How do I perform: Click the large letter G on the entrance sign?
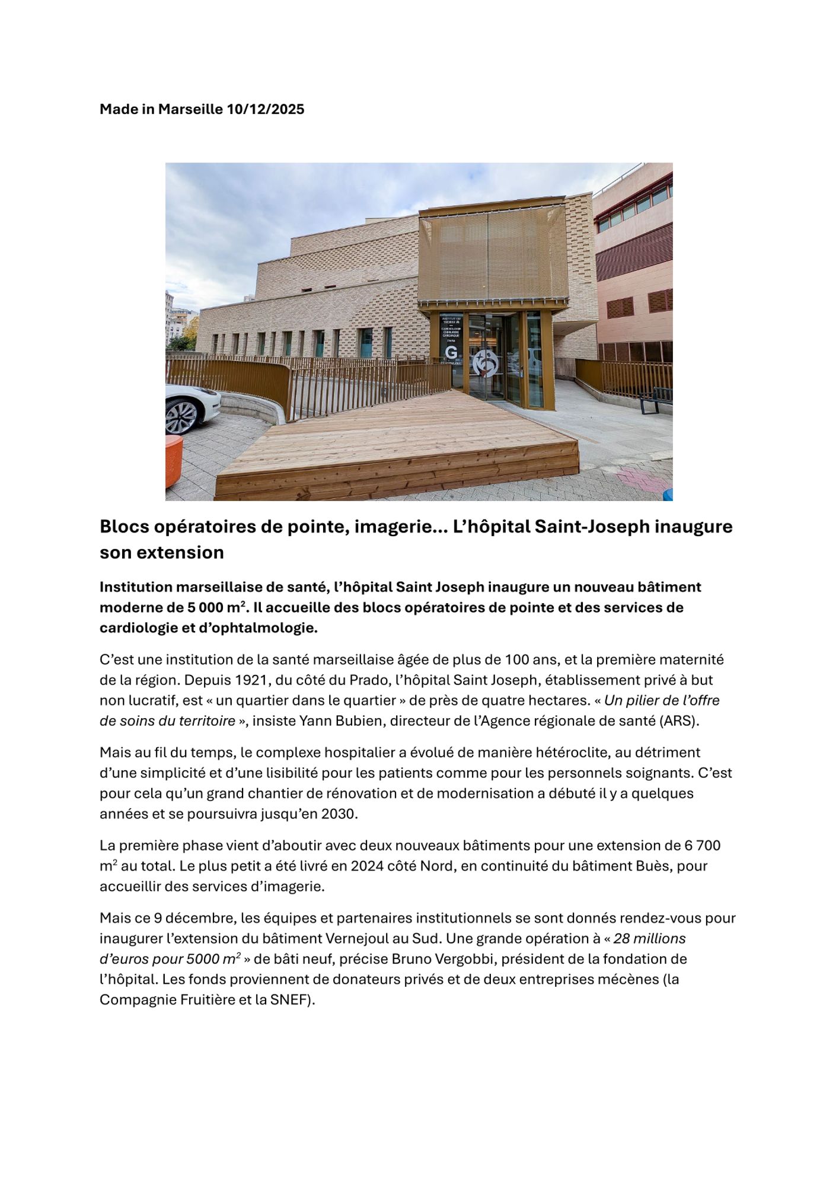(x=451, y=353)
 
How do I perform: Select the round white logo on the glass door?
(x=486, y=362)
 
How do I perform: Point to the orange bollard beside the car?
(x=173, y=460)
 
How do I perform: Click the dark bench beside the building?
(x=658, y=399)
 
